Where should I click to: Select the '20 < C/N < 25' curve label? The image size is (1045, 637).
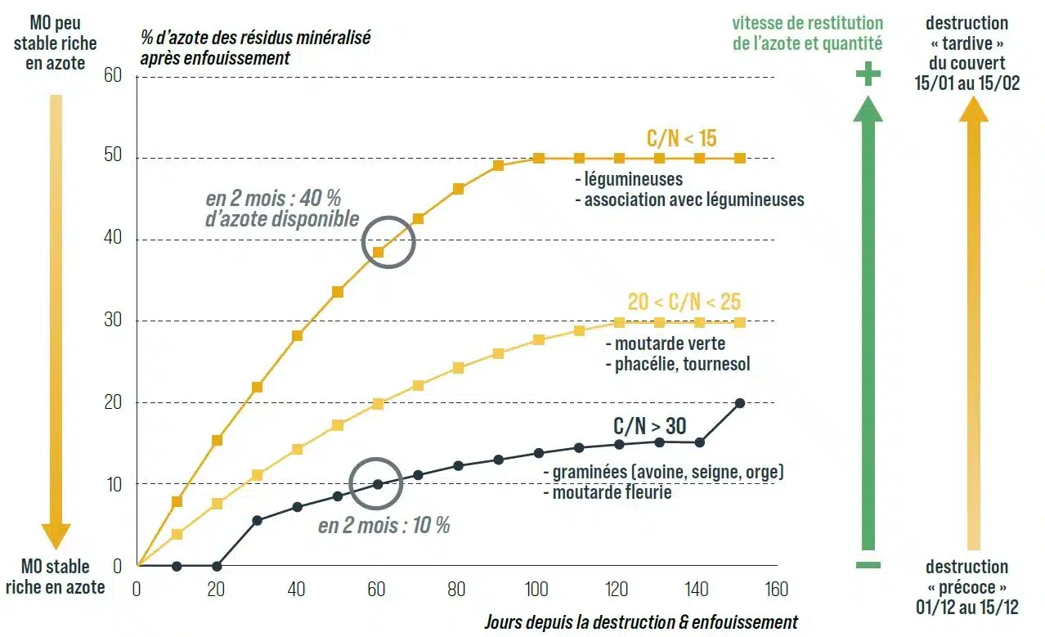pyautogui.click(x=684, y=301)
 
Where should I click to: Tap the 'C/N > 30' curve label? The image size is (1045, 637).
pyautogui.click(x=649, y=426)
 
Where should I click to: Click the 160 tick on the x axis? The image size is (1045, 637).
pyautogui.click(x=777, y=589)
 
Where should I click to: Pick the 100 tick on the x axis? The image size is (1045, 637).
pyautogui.click(x=537, y=589)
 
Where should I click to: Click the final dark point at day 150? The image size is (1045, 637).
pyautogui.click(x=739, y=402)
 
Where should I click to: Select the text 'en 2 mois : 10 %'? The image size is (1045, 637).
pyautogui.click(x=383, y=525)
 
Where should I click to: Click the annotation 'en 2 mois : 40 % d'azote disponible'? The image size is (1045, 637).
pyautogui.click(x=282, y=209)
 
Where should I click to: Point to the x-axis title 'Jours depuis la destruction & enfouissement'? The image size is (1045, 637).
pyautogui.click(x=640, y=622)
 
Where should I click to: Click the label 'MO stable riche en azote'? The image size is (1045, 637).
pyautogui.click(x=55, y=576)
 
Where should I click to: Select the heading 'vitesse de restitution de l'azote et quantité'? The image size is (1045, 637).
pyautogui.click(x=807, y=34)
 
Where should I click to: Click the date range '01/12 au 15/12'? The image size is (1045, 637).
pyautogui.click(x=967, y=606)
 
